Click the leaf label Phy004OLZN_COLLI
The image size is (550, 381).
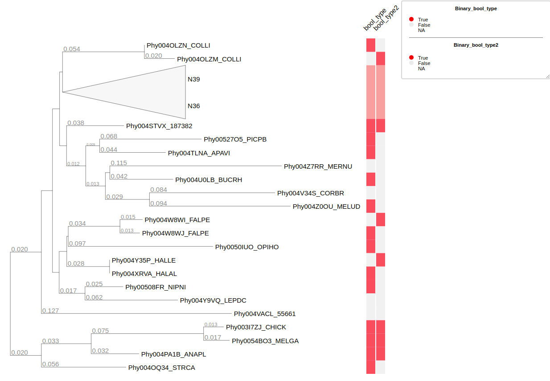coord(178,45)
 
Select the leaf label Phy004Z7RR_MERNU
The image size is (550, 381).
coord(318,166)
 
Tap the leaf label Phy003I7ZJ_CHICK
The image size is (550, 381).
coord(256,327)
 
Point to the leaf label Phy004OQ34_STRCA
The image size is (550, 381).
coord(161,368)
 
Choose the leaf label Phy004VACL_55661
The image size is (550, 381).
coord(264,314)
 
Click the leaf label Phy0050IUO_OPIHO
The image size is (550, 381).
coord(246,247)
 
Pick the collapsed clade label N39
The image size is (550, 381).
coord(193,79)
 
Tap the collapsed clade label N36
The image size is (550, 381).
coord(193,106)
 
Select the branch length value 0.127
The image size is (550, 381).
coord(50,311)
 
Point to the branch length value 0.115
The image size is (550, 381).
coord(119,163)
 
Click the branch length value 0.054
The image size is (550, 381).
coord(72,49)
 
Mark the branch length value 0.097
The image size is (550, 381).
coord(77,243)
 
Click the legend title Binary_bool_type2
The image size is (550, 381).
coord(476,45)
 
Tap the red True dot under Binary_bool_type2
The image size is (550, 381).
coord(411,58)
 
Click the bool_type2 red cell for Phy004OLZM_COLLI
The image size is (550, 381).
coord(381,59)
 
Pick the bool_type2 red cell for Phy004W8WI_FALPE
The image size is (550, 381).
coord(381,219)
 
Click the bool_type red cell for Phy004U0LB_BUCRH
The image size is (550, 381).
coord(371,179)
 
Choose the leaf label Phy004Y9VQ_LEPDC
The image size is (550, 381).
coord(213,300)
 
